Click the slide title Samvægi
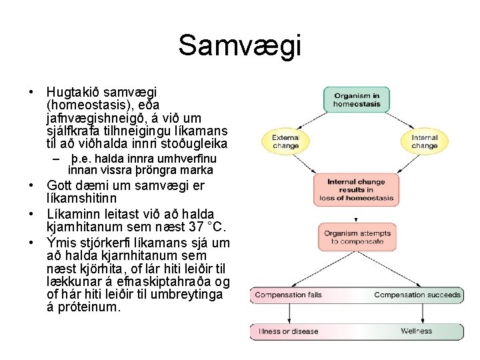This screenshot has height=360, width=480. click(239, 46)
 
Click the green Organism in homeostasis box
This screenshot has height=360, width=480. click(356, 99)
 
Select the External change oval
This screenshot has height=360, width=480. click(285, 141)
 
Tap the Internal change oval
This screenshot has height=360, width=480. click(424, 141)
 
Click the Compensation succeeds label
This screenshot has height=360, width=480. click(417, 295)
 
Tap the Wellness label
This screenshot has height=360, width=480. click(417, 331)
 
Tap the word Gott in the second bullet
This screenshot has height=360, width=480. click(59, 186)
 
